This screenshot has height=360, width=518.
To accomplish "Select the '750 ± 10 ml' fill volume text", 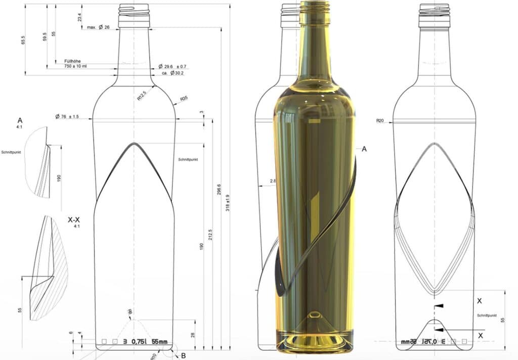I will coord(75,66).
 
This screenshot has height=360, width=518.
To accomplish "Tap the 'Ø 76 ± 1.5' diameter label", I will coord(74,117).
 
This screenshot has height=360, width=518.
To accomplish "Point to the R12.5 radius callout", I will coord(142,96).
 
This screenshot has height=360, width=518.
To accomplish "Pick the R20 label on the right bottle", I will coord(380,121).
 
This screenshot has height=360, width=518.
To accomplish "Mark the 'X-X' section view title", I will coord(73,220).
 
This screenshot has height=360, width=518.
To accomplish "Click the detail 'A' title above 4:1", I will coord(20,120).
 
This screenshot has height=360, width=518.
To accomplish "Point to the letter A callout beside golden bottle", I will coord(364,149).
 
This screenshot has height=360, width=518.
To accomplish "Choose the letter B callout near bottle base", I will coord(183,355).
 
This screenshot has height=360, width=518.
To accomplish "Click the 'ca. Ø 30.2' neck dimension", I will coord(172,73).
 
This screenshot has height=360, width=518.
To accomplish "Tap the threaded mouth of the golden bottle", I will coord(314,7).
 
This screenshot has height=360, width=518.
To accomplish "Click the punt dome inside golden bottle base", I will coord(315,319).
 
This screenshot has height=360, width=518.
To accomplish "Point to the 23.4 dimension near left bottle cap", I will coord(79,17).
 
